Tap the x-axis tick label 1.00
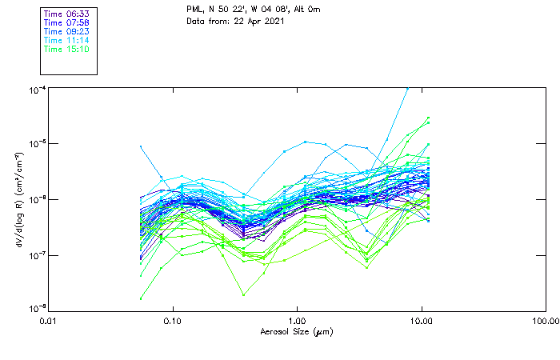pyautogui.click(x=297, y=321)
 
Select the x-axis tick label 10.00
pyautogui.click(x=421, y=321)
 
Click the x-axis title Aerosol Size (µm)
pyautogui.click(x=296, y=331)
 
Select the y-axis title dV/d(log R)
pyautogui.click(x=18, y=199)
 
